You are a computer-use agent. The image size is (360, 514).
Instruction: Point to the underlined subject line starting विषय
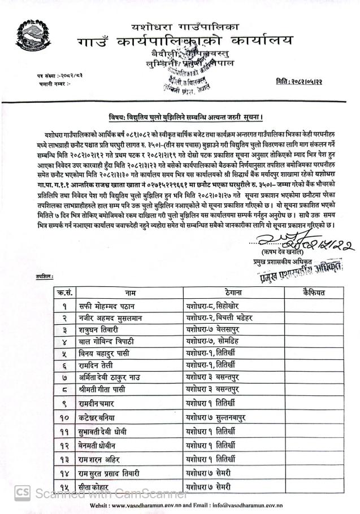pos(186,117)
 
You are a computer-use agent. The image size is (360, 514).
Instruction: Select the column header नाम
pos(131,293)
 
